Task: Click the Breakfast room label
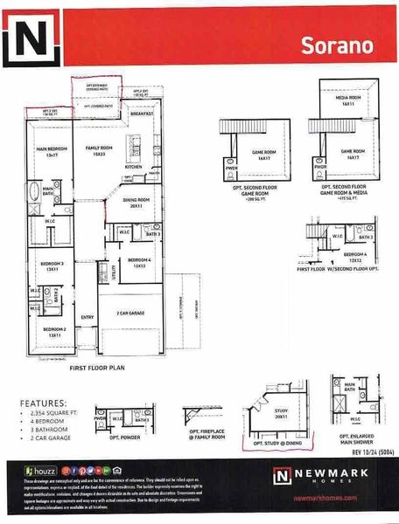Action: coord(142,114)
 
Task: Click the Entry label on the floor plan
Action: coord(87,317)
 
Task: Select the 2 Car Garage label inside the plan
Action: coord(135,313)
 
